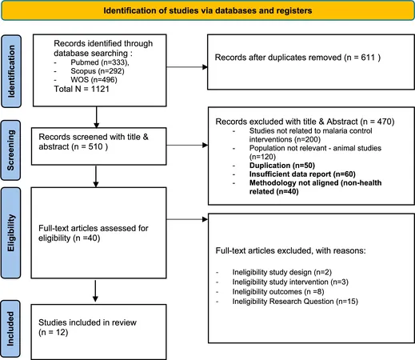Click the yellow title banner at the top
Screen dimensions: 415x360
pyautogui.click(x=207, y=10)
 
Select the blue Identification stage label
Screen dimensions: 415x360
pyautogui.click(x=11, y=71)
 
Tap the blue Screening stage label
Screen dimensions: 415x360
pyautogui.click(x=11, y=150)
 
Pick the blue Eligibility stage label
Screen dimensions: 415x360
pyautogui.click(x=11, y=233)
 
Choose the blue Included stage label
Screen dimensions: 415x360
pyautogui.click(x=10, y=329)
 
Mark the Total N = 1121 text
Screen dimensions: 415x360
pyautogui.click(x=82, y=89)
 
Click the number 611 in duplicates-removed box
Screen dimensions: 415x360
pyautogui.click(x=368, y=58)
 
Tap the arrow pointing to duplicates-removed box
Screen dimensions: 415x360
pyautogui.click(x=187, y=67)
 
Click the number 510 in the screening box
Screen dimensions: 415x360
pyautogui.click(x=95, y=146)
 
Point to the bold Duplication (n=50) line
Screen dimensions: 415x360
pyautogui.click(x=282, y=166)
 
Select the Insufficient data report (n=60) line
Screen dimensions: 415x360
pyautogui.click(x=302, y=174)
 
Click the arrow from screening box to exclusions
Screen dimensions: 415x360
pyautogui.click(x=187, y=145)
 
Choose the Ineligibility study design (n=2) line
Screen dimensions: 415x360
pyautogui.click(x=282, y=272)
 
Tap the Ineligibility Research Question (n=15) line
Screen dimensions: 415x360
pyautogui.click(x=295, y=302)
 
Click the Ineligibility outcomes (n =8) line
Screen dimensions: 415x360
pyautogui.click(x=278, y=292)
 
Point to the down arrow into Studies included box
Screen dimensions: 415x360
pyautogui.click(x=95, y=291)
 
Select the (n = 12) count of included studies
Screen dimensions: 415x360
pyautogui.click(x=54, y=333)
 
